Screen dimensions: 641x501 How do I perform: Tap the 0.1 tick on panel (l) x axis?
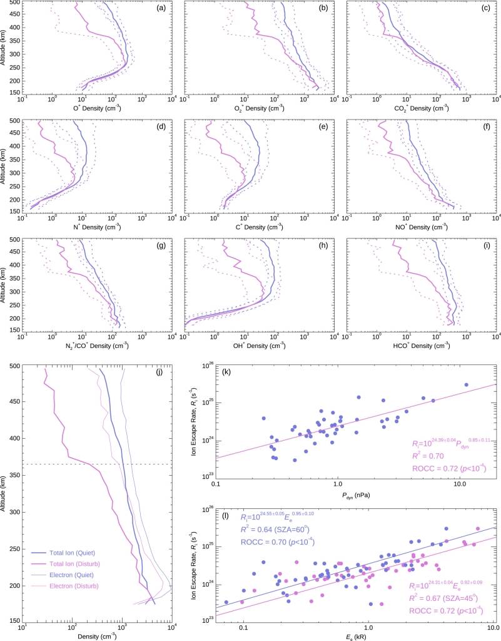click(243, 627)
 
